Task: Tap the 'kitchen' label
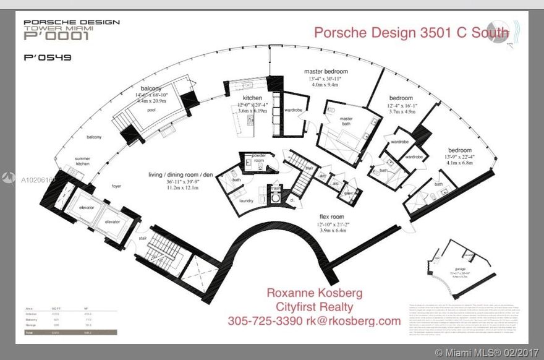(252, 98)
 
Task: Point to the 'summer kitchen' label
(82, 162)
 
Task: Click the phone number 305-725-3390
(265, 321)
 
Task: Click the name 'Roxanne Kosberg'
(314, 293)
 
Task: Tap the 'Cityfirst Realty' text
(314, 307)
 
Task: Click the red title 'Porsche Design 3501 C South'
(411, 32)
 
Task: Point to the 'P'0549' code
(47, 58)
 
